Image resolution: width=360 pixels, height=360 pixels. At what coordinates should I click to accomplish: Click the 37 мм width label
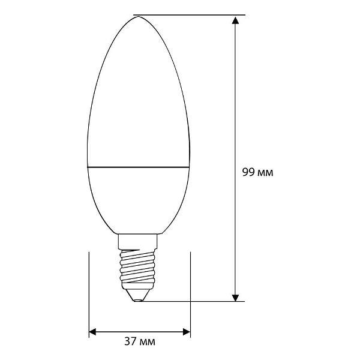pyautogui.click(x=139, y=342)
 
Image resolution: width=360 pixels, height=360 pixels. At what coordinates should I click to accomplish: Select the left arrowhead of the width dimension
pyautogui.click(x=93, y=331)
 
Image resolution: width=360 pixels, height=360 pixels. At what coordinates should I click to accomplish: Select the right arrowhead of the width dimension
pyautogui.click(x=187, y=331)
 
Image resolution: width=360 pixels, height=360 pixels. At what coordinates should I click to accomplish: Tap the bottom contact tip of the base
pyautogui.click(x=139, y=298)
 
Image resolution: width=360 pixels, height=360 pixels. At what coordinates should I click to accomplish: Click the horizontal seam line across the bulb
pyautogui.click(x=139, y=166)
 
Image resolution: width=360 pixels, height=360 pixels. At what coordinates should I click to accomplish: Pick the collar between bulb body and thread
pyautogui.click(x=139, y=241)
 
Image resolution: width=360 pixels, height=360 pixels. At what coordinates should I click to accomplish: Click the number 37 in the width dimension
pyautogui.click(x=130, y=342)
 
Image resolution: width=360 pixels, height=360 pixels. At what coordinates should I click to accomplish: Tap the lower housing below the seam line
pyautogui.click(x=139, y=198)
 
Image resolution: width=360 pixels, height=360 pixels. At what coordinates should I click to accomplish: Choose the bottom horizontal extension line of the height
pyautogui.click(x=192, y=301)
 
